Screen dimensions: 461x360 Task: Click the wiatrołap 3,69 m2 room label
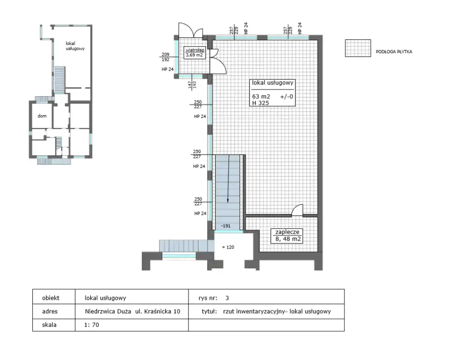point(194,53)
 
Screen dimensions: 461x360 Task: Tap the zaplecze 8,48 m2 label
point(287,235)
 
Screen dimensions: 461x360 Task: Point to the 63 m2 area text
point(261,97)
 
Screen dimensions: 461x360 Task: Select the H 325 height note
point(260,103)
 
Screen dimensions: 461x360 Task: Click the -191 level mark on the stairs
point(226,226)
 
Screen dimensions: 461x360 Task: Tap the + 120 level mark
point(228,247)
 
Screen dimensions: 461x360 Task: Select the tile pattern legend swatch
point(358,48)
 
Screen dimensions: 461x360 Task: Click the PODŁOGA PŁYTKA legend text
point(394,52)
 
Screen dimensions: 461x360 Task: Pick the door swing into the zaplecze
point(297,210)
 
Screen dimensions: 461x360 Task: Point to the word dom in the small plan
point(42,116)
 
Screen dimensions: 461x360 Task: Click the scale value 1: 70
point(92,325)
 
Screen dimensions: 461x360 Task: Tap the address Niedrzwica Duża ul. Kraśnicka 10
point(133,311)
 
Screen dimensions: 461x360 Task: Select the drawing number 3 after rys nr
point(227,298)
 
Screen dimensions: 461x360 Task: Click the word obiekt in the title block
point(50,298)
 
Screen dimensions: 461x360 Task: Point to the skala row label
point(49,325)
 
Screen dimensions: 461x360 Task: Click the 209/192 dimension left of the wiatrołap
point(166,57)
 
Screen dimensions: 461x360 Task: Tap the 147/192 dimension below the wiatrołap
point(192,85)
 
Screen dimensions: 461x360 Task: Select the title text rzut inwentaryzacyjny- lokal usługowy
point(277,311)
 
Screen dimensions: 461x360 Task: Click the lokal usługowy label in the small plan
point(75,46)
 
